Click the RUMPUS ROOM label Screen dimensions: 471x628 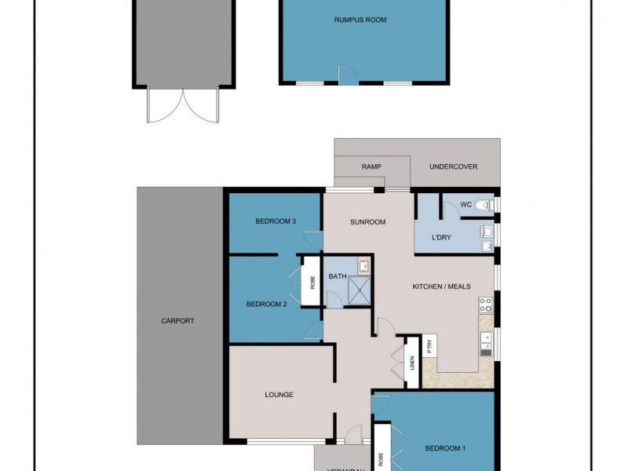click(365, 20)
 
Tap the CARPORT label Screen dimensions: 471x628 click(177, 321)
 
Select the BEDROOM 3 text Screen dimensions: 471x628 click(276, 221)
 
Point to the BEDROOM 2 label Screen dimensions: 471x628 click(266, 304)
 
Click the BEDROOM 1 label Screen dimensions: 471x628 click(445, 448)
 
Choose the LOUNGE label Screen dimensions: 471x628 click(279, 395)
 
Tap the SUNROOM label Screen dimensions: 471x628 click(367, 222)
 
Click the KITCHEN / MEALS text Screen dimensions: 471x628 click(441, 287)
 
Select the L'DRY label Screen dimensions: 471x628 click(440, 237)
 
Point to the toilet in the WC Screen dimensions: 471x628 click(484, 206)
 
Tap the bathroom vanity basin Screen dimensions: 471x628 click(363, 267)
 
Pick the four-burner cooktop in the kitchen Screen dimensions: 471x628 click(486, 305)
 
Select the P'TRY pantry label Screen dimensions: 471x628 click(429, 346)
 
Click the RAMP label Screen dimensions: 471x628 click(371, 167)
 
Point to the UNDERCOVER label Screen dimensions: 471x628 click(454, 167)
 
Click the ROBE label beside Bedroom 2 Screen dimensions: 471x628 click(312, 280)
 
